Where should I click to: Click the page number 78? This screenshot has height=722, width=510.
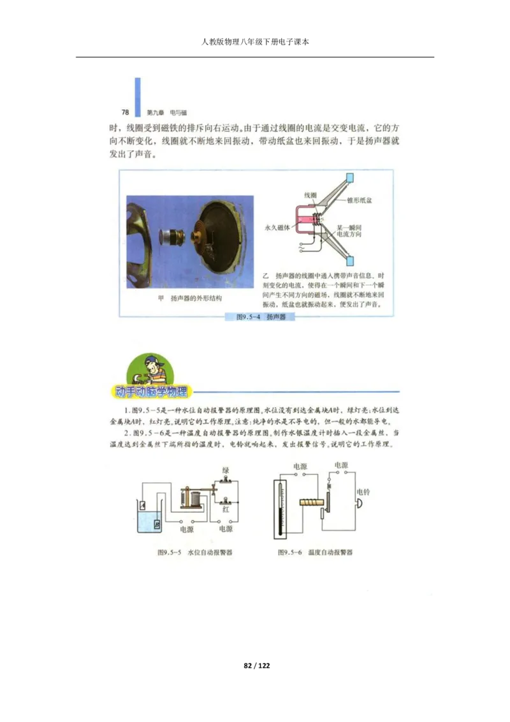coord(126,112)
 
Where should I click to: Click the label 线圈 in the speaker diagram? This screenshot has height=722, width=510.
coord(310,195)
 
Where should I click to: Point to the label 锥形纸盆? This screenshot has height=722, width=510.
coord(360,200)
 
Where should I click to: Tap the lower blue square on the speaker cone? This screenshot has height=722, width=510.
coord(349,261)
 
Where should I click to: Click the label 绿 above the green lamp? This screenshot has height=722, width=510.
coord(225,471)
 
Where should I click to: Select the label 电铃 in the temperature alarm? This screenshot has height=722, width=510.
coord(363,492)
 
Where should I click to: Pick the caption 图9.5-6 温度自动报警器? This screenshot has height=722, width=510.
coord(315,552)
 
